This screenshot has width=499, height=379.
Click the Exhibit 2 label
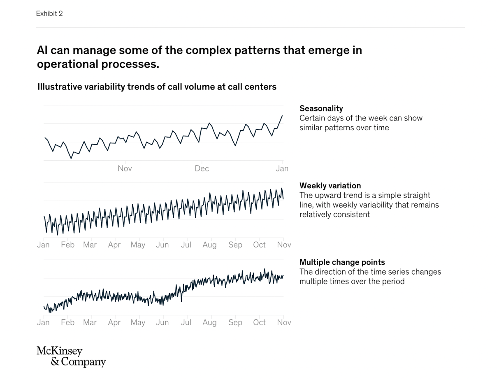(49, 14)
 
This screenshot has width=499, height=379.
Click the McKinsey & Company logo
(71, 356)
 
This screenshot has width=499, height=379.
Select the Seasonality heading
(321, 109)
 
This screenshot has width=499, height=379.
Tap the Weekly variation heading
(330, 186)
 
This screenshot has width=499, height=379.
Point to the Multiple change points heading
(342, 262)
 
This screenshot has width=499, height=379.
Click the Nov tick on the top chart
(125, 169)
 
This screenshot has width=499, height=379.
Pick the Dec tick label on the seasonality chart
(202, 169)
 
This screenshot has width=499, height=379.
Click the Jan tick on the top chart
(282, 169)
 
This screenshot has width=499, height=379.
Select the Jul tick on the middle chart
(186, 245)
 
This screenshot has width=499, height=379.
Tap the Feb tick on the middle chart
(67, 245)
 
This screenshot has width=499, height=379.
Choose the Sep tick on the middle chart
(235, 245)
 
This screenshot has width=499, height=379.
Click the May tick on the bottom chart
(138, 323)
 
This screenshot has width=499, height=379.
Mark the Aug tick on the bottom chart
(209, 323)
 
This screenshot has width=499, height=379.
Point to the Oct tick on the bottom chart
(259, 323)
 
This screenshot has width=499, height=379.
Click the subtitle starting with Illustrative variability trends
(157, 87)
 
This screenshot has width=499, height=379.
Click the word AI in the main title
(43, 51)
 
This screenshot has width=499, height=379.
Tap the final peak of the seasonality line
(282, 116)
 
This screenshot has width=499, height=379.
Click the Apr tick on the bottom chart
(114, 323)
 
